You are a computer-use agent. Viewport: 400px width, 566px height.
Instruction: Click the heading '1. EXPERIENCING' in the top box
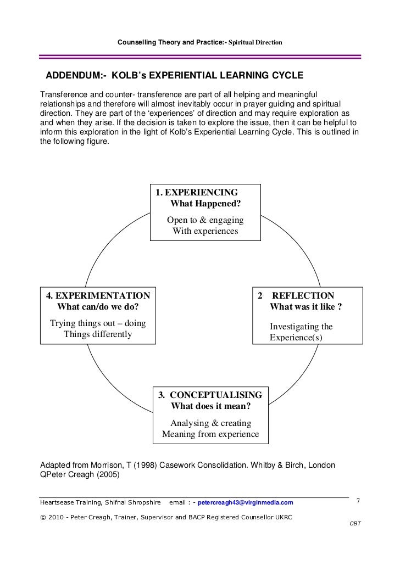point(197,193)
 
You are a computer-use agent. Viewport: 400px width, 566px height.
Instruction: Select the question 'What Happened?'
point(205,204)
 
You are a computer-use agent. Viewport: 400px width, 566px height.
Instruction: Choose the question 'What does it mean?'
point(211,407)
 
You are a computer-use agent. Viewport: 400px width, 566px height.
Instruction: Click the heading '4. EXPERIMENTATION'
point(98,295)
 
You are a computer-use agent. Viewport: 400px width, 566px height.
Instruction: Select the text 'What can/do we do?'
point(98,307)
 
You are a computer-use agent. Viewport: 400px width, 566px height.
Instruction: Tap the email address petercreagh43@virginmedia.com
point(245,502)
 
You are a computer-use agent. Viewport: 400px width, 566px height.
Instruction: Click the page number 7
point(358,501)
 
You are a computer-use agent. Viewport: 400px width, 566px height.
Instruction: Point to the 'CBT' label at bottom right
point(355,523)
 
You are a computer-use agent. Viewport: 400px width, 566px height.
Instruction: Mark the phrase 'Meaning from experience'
point(210,434)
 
